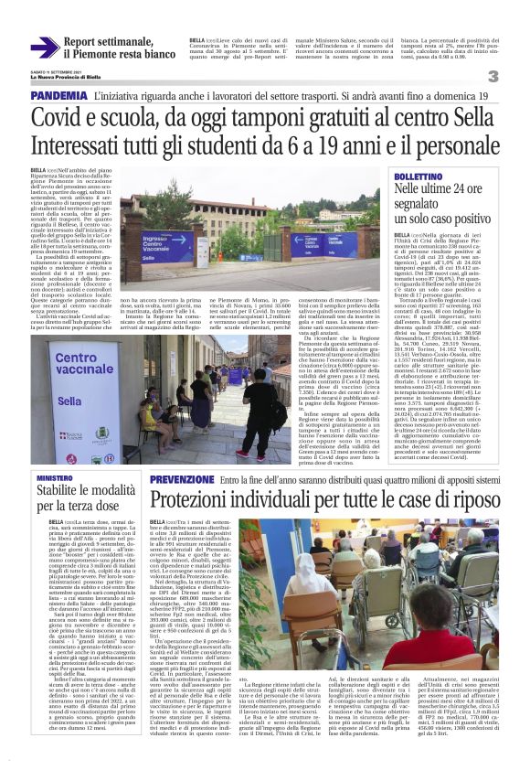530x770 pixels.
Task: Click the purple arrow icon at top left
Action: coord(45,48)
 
